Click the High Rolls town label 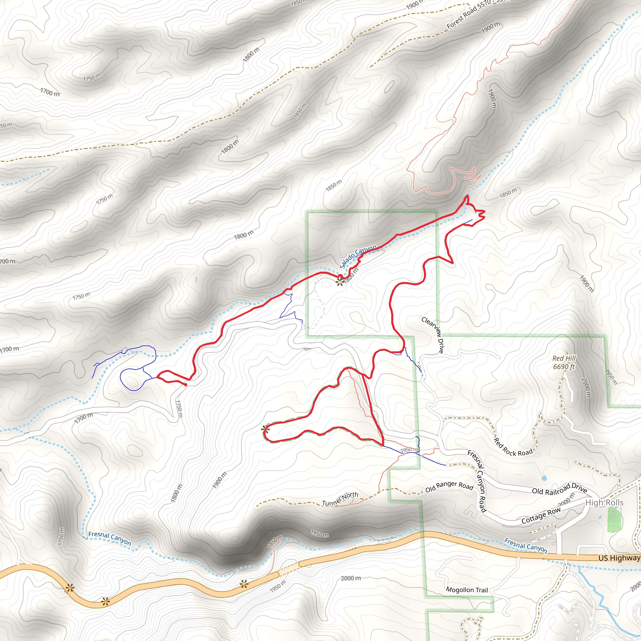coord(604,503)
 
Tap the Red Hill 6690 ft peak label coord(564,362)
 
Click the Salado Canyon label coord(358,256)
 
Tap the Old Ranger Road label coord(449,487)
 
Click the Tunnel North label coord(340,499)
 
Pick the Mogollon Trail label coord(467,590)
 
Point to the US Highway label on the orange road coord(619,558)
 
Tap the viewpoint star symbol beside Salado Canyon coord(339,282)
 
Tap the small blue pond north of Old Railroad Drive coord(544,478)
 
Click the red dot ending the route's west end coord(186,385)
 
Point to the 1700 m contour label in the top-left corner coord(50,92)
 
